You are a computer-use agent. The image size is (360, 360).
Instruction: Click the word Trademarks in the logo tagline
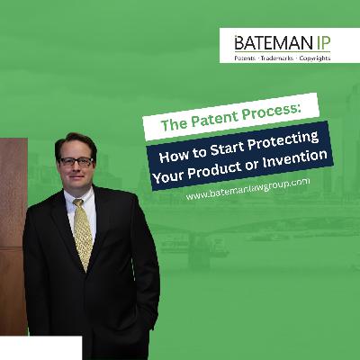(280, 58)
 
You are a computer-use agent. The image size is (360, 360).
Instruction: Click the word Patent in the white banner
(203, 119)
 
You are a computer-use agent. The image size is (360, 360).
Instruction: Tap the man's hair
(74, 140)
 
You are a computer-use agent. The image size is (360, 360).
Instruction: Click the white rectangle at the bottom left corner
(40, 348)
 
